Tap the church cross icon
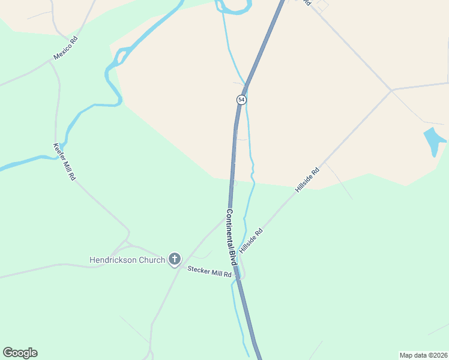[175, 259]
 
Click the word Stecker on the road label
[199, 270]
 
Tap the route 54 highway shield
[241, 99]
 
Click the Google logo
[20, 353]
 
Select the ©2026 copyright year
[438, 355]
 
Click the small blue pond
[434, 141]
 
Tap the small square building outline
[323, 5]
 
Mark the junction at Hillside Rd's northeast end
[392, 91]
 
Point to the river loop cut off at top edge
[233, 7]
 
